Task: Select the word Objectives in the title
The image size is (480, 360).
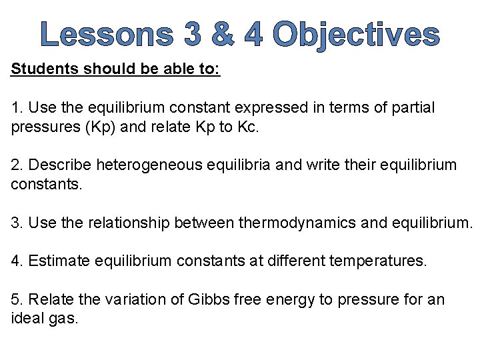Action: coord(356,35)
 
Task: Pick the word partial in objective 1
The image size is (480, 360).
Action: coord(412,108)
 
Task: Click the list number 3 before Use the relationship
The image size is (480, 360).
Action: coord(15,222)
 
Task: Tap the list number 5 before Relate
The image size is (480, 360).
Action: coord(15,299)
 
